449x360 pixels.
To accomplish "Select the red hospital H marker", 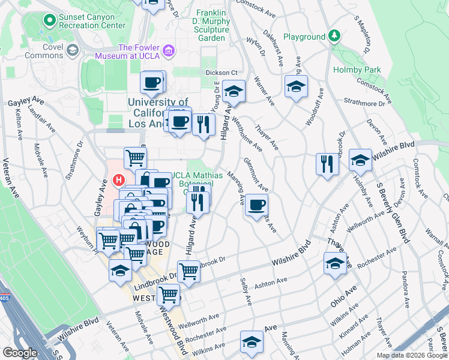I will coord(119,179).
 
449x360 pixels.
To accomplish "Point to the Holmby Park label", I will coord(357,70).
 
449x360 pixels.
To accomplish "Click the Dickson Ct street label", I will coord(221,73).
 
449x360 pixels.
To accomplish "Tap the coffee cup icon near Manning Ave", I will coord(256,206).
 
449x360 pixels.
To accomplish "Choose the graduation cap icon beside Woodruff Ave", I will coord(296,87).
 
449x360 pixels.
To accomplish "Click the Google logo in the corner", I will coord(20,353).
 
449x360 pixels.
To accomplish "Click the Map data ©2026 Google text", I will coord(411,355).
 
